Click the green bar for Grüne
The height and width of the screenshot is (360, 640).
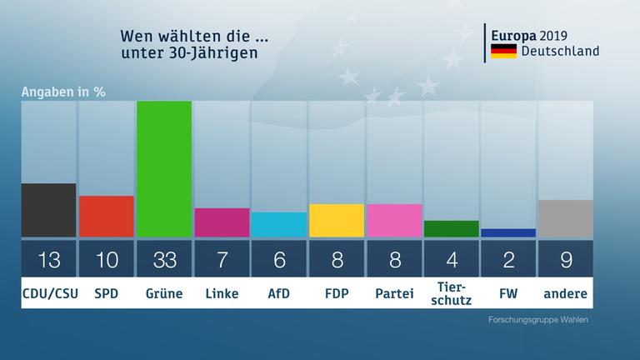(164, 168)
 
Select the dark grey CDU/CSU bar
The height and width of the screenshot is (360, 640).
(48, 210)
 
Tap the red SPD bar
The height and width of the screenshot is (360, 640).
(106, 217)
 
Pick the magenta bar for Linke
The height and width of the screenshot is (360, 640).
(222, 222)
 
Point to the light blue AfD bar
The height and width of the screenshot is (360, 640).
(279, 225)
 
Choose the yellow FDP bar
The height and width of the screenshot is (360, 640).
(337, 221)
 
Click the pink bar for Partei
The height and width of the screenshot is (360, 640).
(394, 221)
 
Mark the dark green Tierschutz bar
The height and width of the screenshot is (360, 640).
(452, 229)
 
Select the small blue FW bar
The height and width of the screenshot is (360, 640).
(508, 233)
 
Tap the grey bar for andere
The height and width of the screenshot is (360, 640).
(566, 218)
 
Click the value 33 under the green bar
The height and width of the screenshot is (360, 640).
(164, 259)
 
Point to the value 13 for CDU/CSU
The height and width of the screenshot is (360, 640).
(48, 259)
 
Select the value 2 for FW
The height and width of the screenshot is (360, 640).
(508, 259)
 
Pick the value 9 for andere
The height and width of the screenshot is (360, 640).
(566, 259)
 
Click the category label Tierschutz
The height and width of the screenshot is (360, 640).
(452, 292)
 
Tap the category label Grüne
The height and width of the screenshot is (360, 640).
(164, 293)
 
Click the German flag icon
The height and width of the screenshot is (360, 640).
(503, 52)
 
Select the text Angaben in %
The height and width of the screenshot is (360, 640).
(63, 91)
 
